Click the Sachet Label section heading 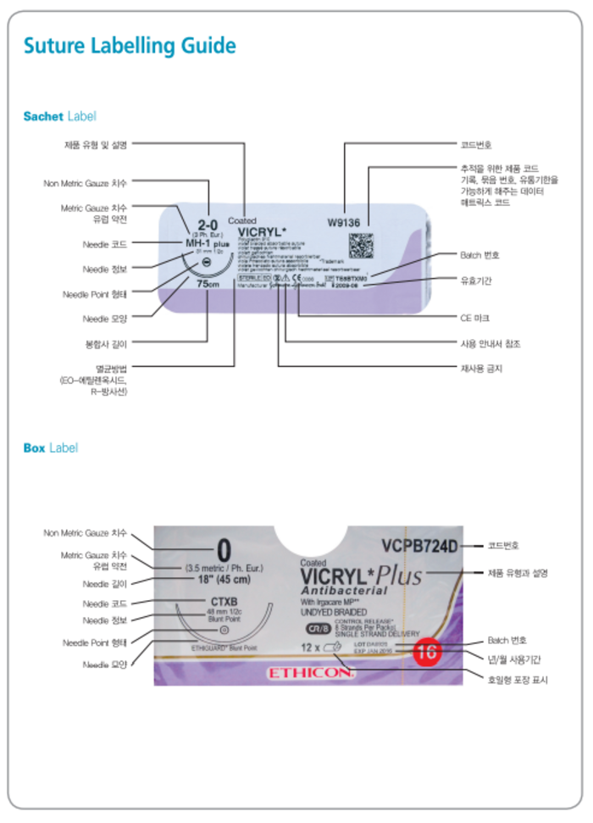coord(59,116)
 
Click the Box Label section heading coord(51,448)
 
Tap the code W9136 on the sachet coord(344,223)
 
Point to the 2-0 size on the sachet coord(208,224)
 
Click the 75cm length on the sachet coord(208,285)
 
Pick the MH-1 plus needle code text coord(207,243)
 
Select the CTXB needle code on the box coord(223,603)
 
